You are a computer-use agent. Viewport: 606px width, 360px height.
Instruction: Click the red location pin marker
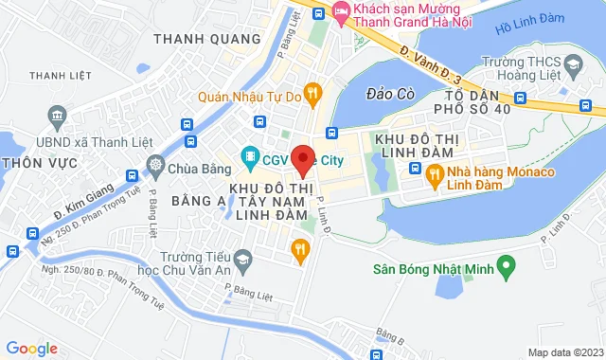click(x=302, y=158)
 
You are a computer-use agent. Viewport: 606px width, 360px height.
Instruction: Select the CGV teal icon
click(x=250, y=155)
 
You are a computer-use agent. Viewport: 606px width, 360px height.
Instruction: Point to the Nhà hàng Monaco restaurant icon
click(x=435, y=173)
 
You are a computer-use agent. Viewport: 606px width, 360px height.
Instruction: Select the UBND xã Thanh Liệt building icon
click(x=57, y=117)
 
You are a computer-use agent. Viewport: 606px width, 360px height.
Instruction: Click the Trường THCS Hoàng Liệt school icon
click(x=573, y=63)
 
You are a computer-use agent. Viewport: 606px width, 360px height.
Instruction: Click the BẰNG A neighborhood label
click(x=199, y=200)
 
